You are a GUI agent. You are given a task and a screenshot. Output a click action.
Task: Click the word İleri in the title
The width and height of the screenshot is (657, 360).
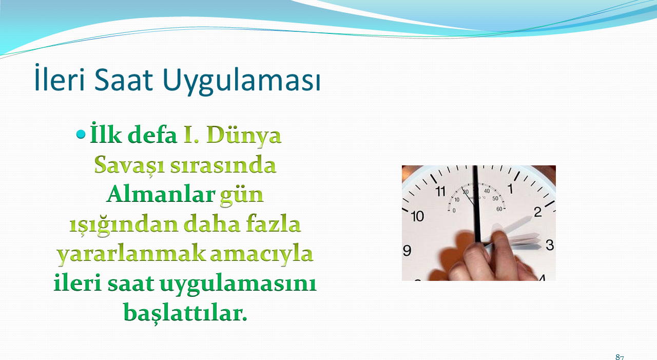point(60,78)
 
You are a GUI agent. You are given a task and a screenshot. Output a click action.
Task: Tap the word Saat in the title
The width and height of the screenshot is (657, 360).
point(124,80)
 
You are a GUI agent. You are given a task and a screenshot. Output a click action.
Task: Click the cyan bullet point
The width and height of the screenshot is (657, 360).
point(81,135)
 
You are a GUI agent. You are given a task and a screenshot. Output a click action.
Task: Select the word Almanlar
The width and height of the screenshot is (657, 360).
point(161,194)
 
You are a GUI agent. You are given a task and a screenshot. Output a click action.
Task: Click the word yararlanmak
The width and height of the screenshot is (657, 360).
point(131,254)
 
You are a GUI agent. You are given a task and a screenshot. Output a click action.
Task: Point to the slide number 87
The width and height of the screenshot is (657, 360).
point(620,357)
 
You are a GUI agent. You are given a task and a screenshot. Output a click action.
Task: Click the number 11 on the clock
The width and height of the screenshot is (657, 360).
point(440,192)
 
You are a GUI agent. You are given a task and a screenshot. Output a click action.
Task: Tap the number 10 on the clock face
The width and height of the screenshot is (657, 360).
point(418,217)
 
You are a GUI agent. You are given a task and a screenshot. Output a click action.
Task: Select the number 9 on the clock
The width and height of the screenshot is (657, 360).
point(407,251)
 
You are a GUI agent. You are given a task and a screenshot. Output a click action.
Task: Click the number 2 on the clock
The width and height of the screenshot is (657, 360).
point(537,212)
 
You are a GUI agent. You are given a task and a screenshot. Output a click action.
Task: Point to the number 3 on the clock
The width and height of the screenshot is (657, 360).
point(550,245)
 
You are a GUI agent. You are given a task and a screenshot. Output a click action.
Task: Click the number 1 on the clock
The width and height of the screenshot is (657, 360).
point(511,188)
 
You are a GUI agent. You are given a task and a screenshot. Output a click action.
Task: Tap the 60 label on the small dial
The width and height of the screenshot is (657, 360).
point(499,209)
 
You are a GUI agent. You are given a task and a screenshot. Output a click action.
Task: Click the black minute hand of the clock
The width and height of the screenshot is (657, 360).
point(476,204)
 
